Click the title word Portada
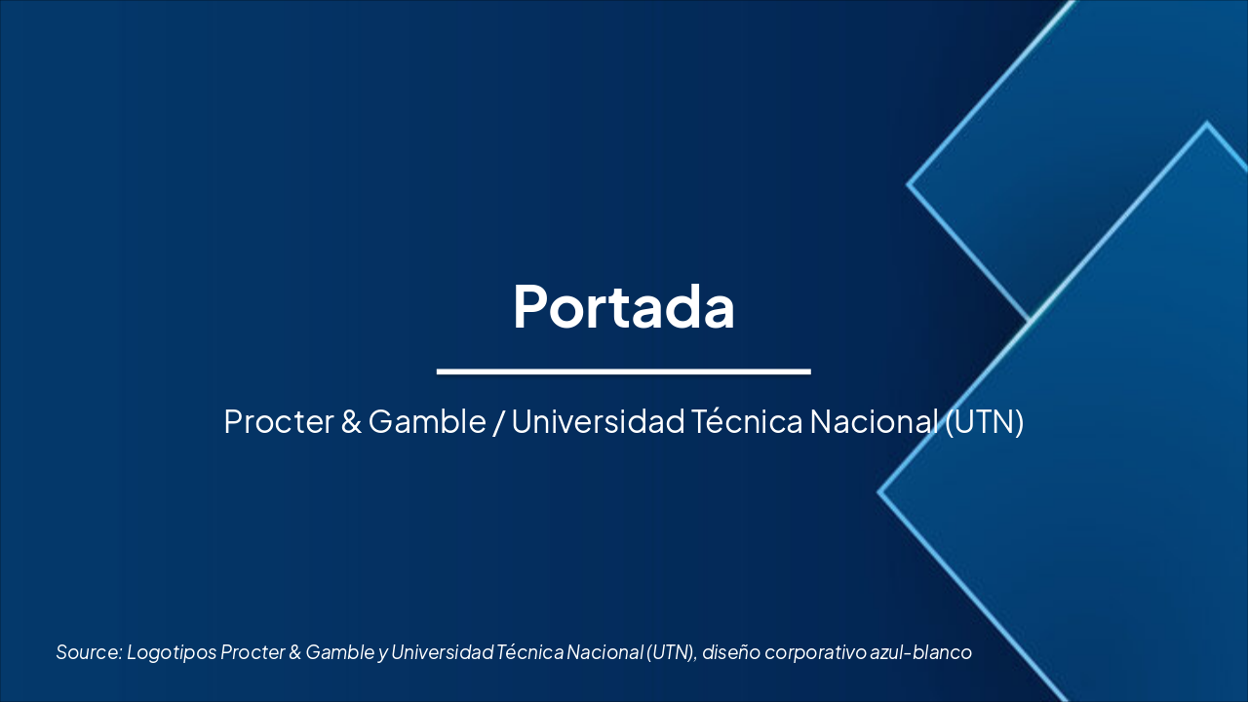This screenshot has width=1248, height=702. coord(623,306)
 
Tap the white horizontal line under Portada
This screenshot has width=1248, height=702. coord(623,371)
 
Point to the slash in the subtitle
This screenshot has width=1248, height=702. coord(498,422)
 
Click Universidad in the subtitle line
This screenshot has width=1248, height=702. coord(597,422)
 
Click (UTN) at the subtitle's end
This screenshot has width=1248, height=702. coord(985,422)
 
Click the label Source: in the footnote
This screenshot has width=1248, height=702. coord(88,652)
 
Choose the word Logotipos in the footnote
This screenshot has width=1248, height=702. coord(171,652)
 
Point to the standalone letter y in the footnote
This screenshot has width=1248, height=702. coord(382,652)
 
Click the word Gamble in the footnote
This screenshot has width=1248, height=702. coord(339,652)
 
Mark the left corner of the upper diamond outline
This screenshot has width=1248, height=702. coord(909,183)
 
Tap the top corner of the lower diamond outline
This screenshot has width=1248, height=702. coord(1207,124)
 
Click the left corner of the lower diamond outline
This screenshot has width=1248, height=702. coord(879,492)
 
